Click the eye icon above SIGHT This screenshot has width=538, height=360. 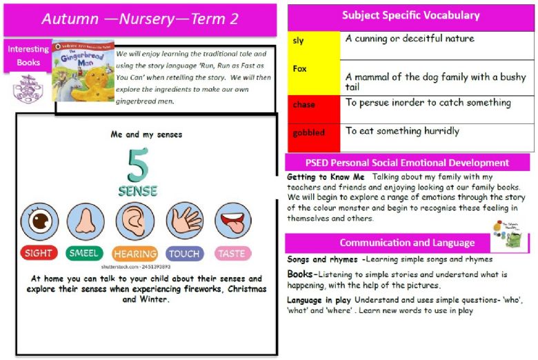click(39, 221)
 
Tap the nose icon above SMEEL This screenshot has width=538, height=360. click(86, 221)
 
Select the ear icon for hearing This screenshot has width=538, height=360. click(134, 221)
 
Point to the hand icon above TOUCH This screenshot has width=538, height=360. click(184, 221)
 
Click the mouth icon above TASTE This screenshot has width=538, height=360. click(232, 221)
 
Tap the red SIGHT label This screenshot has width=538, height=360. click(39, 253)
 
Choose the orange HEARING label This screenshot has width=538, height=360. click(134, 254)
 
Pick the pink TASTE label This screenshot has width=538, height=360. click(232, 253)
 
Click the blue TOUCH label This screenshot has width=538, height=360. click(184, 253)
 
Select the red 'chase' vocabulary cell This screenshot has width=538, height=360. click(314, 105)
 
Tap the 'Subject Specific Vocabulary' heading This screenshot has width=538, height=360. click(411, 15)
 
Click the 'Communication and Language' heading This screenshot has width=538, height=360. click(406, 243)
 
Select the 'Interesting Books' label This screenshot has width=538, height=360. click(28, 55)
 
